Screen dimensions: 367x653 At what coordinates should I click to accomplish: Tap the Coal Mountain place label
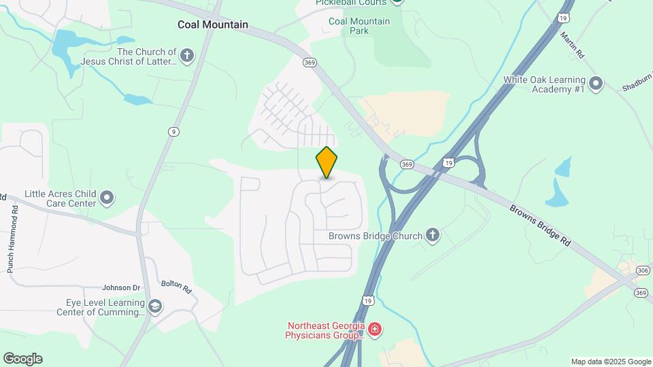213,24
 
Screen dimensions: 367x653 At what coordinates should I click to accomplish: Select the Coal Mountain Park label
359,26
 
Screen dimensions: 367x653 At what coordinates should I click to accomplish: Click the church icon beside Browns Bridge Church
432,236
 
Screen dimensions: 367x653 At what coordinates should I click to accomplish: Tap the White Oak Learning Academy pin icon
596,84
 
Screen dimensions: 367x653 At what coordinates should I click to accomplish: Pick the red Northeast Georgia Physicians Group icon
374,330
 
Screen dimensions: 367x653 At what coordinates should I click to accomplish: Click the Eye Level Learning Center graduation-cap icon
155,307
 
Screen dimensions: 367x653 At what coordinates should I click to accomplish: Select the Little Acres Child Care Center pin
107,198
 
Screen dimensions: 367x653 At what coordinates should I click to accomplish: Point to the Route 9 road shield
174,132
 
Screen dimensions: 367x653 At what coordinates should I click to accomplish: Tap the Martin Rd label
573,44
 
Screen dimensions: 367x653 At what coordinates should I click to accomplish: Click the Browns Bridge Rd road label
540,224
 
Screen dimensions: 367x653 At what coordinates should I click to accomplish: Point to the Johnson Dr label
120,287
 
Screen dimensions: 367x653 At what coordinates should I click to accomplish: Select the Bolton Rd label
177,287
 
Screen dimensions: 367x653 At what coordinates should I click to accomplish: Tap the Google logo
22,359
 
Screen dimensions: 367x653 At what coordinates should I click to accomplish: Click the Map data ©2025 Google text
611,362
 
